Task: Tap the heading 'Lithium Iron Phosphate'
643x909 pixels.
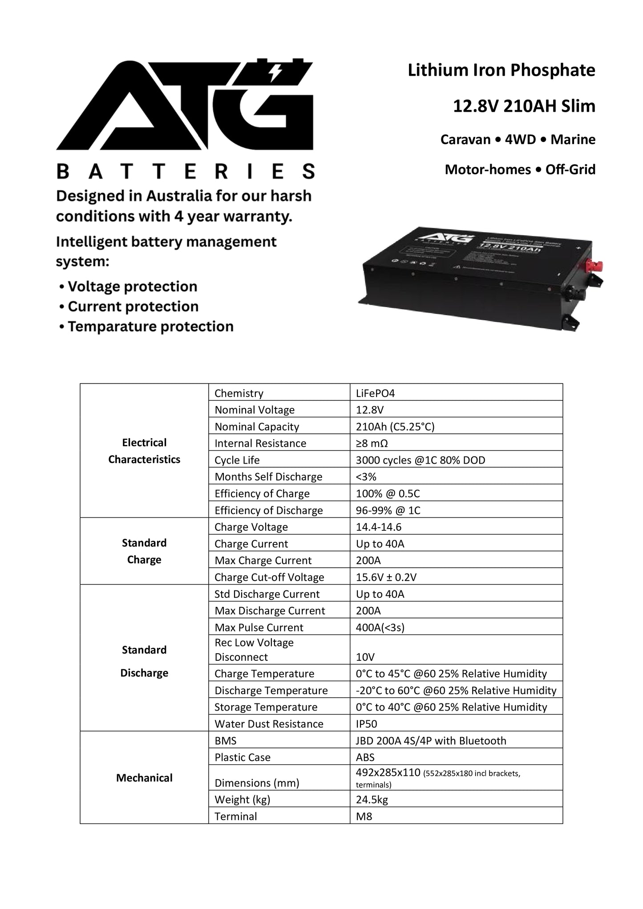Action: pos(501,70)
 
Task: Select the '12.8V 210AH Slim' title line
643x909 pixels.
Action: pos(524,106)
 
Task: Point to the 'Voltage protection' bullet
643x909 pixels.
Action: pos(132,287)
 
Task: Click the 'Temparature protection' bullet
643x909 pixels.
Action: pos(150,327)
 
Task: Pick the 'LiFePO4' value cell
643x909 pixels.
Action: pos(375,393)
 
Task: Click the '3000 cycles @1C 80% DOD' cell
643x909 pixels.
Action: pos(420,460)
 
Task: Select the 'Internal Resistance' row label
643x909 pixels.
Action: pos(260,443)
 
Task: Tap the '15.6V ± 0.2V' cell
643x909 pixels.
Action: pos(386,577)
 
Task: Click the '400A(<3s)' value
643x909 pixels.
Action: pos(380,627)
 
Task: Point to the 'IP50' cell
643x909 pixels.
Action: pos(366,724)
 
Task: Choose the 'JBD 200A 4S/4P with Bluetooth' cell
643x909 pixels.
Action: pos(431,741)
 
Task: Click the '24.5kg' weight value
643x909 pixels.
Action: pos(372,800)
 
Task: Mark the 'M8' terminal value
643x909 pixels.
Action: pos(364,816)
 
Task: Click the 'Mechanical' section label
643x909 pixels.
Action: pos(144,778)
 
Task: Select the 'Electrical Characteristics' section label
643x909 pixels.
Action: pos(144,451)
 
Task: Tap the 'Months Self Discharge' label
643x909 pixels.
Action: pos(268,477)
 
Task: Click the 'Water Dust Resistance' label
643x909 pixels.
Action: pos(269,724)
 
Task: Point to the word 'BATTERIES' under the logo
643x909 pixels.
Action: pos(186,171)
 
